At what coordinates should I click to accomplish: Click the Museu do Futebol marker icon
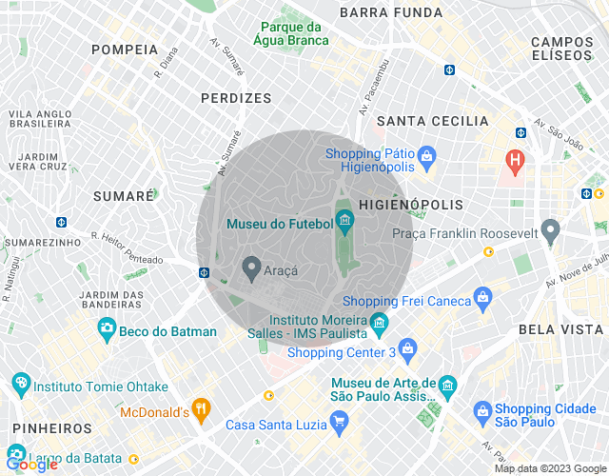344,222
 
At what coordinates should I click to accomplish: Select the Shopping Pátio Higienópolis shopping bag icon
426,154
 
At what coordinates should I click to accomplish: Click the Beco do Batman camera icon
107,329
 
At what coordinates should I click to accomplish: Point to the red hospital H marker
515,160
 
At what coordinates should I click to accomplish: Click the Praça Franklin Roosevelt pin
549,231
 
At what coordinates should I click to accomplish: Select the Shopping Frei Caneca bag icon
483,300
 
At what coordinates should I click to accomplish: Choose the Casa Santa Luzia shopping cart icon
339,423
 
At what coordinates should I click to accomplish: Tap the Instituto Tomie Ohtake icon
21,386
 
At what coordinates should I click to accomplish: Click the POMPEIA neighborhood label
125,50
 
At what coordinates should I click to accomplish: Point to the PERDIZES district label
236,98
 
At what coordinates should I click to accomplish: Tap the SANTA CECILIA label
432,121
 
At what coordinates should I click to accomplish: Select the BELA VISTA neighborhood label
560,329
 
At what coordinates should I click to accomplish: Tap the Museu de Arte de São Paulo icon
448,387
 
